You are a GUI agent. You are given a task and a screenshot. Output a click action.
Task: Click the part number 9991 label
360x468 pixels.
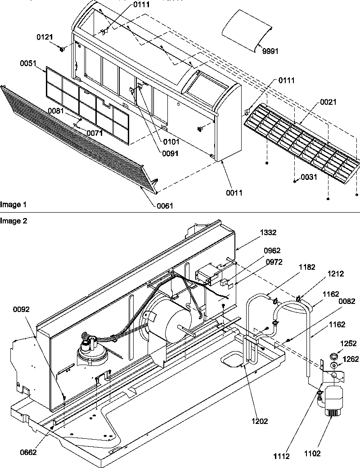click(270, 51)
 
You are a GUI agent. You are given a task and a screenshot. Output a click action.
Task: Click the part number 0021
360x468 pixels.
click(328, 103)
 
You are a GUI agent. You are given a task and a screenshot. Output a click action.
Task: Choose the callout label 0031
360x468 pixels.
click(309, 177)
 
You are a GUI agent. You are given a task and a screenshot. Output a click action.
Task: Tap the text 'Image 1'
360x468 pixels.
click(13, 205)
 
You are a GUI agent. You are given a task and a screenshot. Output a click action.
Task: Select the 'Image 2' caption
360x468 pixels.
click(13, 220)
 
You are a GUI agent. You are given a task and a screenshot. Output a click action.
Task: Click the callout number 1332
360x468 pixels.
click(269, 232)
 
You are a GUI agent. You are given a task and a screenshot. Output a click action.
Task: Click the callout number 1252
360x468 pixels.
click(349, 343)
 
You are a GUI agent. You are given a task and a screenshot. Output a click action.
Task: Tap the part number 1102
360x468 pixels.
click(325, 454)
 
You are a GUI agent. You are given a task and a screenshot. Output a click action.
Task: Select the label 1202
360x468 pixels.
click(260, 421)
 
